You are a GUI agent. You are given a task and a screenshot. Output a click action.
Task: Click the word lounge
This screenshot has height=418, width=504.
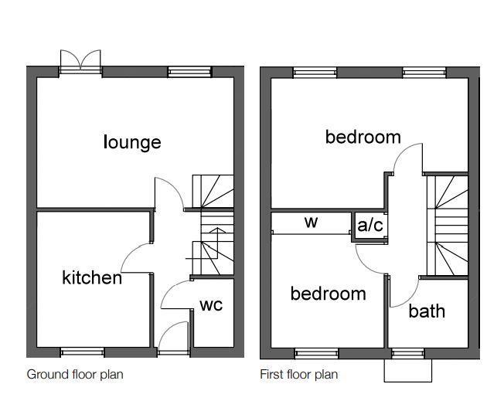point(132,142)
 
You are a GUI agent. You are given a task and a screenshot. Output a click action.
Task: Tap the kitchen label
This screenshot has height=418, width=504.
point(92,277)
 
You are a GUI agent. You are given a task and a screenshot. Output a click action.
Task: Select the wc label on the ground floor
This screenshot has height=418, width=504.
point(211,305)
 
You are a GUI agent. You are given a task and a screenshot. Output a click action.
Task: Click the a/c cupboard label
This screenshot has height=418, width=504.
point(370,225)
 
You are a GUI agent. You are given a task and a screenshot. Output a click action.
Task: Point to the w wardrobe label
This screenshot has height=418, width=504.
point(312,222)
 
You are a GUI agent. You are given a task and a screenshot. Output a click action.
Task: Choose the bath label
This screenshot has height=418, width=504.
point(427,311)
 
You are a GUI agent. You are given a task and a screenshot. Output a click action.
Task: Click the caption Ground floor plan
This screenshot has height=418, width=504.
point(75,375)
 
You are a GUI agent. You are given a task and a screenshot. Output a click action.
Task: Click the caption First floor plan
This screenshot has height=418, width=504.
point(299,375)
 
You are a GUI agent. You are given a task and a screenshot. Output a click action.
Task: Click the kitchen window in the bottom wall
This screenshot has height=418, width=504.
point(83,352)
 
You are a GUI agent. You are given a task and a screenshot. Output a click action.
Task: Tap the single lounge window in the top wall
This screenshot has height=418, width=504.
point(190,72)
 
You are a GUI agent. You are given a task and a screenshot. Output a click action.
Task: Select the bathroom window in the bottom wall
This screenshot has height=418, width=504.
point(408,354)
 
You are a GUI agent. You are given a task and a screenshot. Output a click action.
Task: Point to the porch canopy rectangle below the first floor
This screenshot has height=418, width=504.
point(408,370)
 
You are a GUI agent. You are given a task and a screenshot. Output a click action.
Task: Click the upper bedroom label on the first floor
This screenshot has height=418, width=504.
point(363,137)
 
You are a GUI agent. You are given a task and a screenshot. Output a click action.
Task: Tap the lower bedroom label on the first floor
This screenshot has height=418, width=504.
point(329,294)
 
